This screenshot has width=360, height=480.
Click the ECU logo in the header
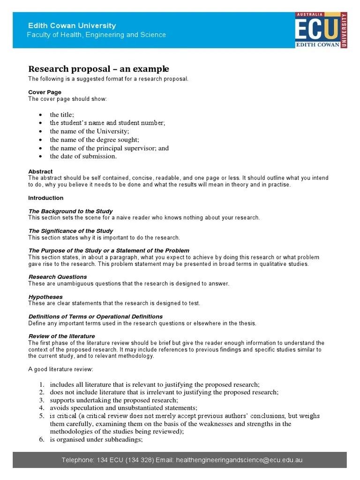[x=321, y=30]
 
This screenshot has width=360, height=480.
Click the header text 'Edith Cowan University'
[x=72, y=26]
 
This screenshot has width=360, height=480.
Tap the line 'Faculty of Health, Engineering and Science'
[x=96, y=35]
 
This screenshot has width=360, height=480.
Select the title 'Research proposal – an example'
[x=98, y=69]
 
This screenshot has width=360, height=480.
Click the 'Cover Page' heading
[x=45, y=92]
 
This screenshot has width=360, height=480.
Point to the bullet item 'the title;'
[x=62, y=114]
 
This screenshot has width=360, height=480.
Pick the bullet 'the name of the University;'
[x=89, y=131]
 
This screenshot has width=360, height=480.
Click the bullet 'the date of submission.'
[x=83, y=157]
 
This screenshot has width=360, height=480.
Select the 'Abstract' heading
[x=40, y=172]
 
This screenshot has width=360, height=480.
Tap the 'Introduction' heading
[x=45, y=198]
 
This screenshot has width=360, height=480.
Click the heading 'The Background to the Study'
[x=67, y=211]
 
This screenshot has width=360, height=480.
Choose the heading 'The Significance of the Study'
[x=70, y=231]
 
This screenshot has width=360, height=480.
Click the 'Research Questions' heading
[x=58, y=277]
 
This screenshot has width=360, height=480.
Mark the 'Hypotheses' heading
[x=45, y=297]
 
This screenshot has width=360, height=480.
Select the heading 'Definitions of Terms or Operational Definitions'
[x=95, y=316]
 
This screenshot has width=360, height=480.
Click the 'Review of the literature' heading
[x=61, y=336]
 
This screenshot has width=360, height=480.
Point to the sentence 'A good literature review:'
[x=60, y=369]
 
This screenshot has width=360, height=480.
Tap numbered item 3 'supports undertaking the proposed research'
[x=114, y=400]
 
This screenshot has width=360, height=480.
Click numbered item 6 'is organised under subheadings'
[x=96, y=440]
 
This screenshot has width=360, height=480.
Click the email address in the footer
[x=239, y=460]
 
